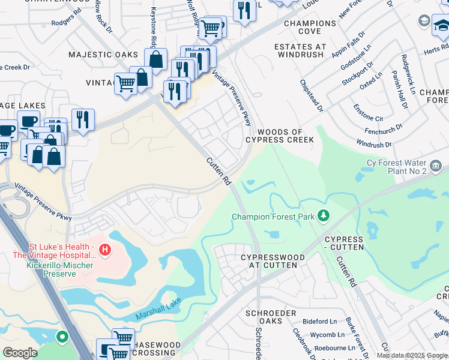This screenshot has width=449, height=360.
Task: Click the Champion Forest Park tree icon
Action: tap(324, 215)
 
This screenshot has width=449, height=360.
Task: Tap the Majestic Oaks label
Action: tap(103, 55)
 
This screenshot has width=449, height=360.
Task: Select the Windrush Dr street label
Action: tap(373, 145)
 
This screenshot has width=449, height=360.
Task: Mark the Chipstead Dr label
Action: tap(312, 96)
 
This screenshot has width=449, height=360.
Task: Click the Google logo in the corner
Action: tap(20, 353)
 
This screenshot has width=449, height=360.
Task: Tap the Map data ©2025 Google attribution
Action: tap(412, 355)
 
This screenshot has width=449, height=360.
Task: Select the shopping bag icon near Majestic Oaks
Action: tap(155, 59)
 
